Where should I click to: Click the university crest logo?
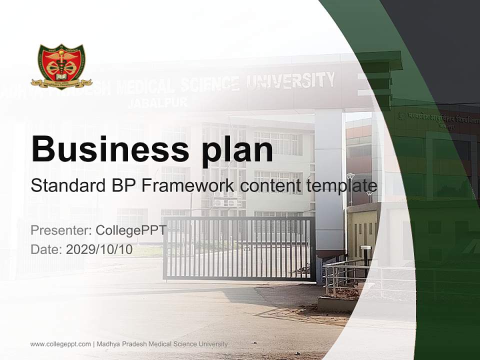coord(61,67)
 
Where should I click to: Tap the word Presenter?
coord(59,230)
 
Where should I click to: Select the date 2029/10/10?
coord(99,249)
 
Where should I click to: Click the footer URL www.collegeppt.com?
coord(60,344)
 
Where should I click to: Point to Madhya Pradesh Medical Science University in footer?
coord(162,344)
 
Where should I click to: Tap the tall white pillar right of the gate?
coord(329,180)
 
